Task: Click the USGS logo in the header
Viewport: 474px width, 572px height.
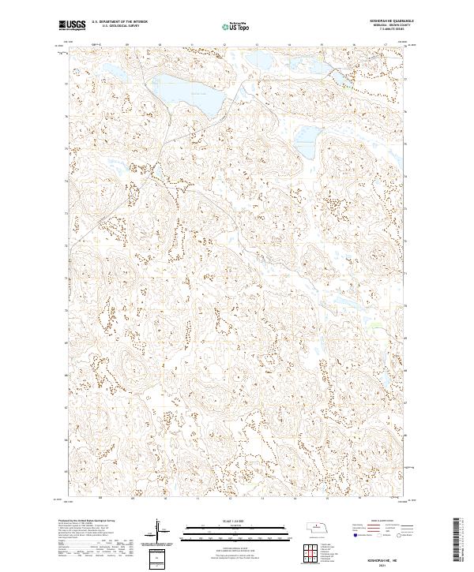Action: click(x=72, y=26)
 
